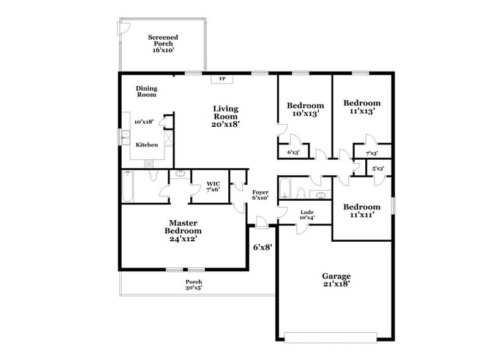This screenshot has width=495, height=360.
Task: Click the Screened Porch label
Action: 164,43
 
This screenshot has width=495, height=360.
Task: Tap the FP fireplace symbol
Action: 222,79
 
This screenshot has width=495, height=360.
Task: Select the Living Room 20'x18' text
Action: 226,116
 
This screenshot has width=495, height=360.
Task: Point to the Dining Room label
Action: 146,91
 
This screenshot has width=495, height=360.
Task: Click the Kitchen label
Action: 147,145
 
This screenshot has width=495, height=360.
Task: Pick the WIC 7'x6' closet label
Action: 213,186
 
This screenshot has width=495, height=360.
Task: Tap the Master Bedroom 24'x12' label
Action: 183,231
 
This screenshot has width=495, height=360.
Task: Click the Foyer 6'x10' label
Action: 261,195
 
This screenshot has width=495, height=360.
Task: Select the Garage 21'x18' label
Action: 337,280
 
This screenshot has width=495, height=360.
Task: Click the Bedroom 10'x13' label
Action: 305,109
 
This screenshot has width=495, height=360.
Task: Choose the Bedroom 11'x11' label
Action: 361,211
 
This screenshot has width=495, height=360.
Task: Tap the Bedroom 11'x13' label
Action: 362,107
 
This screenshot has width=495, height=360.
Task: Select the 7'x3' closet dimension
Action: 371,153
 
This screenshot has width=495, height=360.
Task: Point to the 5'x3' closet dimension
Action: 378,168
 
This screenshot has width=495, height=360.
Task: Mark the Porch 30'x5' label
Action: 194,285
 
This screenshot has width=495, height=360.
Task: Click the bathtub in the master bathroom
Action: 128,187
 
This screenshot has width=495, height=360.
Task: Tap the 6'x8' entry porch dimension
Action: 262,248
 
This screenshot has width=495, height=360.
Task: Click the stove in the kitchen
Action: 149,163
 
